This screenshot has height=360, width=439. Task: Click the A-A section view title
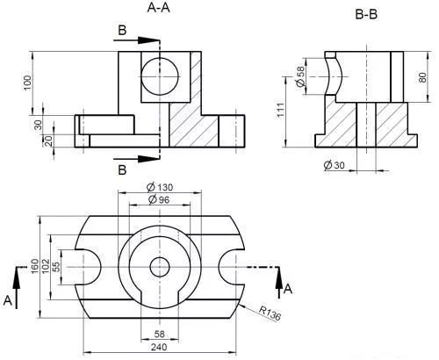[158, 8]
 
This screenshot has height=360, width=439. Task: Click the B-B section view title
[366, 14]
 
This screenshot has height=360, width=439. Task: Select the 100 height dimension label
[27, 83]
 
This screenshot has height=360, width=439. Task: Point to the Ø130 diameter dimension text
[160, 187]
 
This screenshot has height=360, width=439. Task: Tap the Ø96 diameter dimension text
[159, 199]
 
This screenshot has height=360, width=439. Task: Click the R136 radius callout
[270, 313]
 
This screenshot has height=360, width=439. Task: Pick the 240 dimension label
[159, 347]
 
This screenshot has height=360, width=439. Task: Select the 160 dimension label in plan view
[34, 266]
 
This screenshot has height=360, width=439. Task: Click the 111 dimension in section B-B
[281, 110]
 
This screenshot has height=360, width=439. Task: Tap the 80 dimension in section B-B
[422, 77]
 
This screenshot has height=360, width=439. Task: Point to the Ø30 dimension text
[335, 165]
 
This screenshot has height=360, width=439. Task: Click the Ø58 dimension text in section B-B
[300, 76]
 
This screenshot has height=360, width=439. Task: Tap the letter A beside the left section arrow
[8, 300]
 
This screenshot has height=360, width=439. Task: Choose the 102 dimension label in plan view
[46, 266]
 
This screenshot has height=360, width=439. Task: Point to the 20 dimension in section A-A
[48, 140]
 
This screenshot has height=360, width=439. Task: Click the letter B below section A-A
[122, 169]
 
